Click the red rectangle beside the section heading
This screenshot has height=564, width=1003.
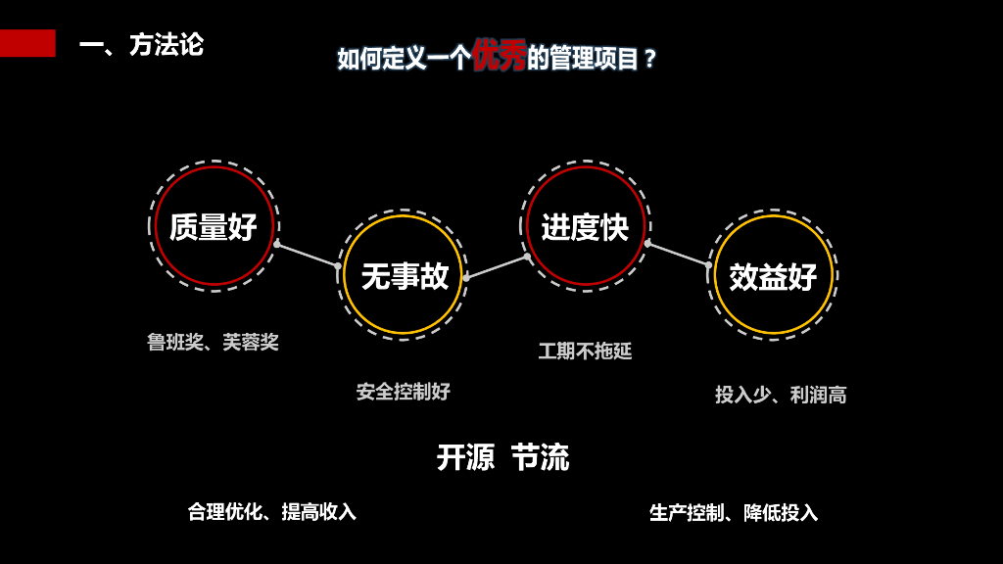point(27,43)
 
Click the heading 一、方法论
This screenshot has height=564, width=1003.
point(141,45)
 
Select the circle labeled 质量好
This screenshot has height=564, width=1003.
point(214,226)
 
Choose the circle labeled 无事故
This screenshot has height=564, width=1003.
point(403,275)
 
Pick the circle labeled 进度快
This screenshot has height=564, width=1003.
point(585,226)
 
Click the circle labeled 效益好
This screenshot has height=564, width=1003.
point(773,275)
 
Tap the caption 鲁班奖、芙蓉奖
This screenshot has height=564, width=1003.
point(213,342)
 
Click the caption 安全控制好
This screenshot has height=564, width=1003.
point(403,392)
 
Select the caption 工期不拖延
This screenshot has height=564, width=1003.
point(585,351)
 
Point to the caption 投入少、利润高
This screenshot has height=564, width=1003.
point(781,395)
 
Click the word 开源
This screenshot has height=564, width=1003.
point(465,457)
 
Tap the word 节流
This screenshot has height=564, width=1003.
point(540,457)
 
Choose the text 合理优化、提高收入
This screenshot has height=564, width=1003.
point(271,511)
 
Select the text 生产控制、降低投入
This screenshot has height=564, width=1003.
point(733,512)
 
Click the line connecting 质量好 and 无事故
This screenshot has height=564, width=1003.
point(307,255)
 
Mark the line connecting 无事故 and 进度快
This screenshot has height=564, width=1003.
point(496,266)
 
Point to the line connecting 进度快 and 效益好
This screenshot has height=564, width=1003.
point(677,254)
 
